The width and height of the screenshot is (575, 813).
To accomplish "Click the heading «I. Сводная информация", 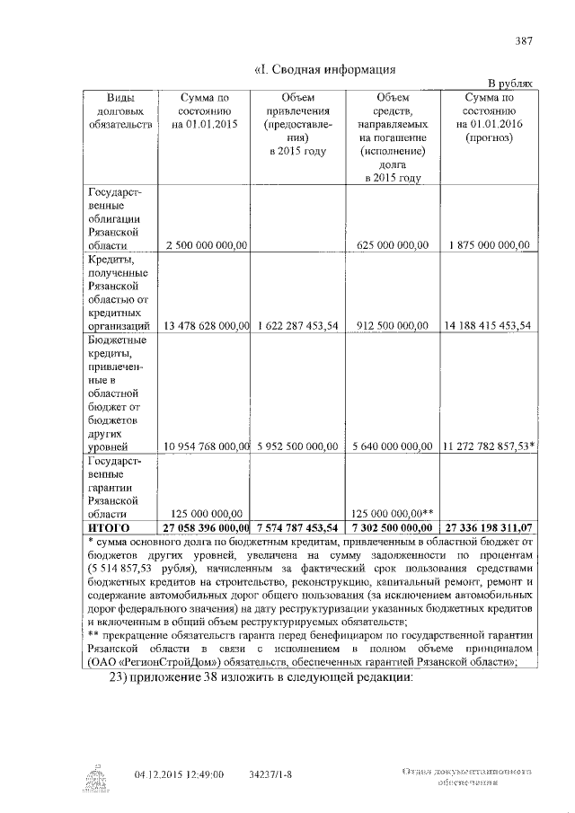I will (327, 69).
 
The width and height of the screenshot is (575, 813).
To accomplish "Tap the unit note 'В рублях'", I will (515, 82).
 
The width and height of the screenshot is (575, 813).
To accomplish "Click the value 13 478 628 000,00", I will (205, 325).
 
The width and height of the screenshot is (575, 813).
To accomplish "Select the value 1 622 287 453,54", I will (297, 325).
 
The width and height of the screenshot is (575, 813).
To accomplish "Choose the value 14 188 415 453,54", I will (488, 325).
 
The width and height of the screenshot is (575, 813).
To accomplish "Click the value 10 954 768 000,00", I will (205, 446).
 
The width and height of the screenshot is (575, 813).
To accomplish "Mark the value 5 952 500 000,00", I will (297, 446).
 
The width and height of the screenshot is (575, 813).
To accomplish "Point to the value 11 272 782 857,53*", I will (490, 446).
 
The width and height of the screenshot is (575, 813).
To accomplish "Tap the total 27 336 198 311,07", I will (488, 526).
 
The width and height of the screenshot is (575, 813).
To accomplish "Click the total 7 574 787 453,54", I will (297, 526).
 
